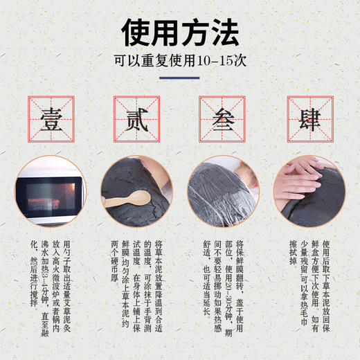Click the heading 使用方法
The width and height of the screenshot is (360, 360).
180,30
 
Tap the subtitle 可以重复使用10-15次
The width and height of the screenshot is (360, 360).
180,60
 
